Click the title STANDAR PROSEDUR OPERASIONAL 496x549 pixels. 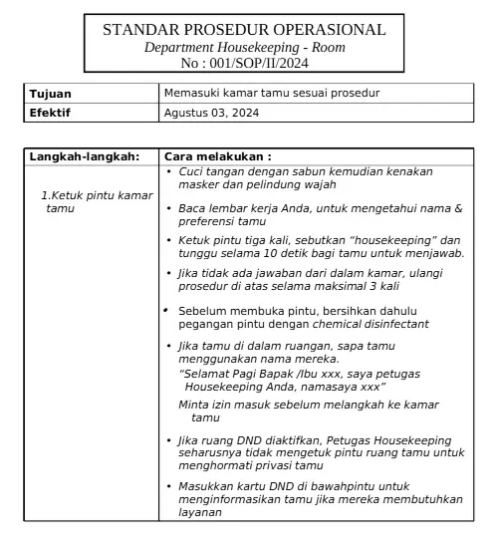(x=244, y=30)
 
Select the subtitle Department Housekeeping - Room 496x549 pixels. (x=244, y=47)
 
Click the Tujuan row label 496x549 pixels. (x=51, y=94)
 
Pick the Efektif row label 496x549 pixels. (x=51, y=113)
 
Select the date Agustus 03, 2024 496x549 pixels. (x=211, y=113)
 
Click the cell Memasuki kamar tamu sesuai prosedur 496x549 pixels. (x=272, y=94)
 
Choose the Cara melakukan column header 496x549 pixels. (x=217, y=156)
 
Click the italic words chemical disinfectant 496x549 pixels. (x=377, y=324)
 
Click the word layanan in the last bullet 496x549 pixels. (x=199, y=512)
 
